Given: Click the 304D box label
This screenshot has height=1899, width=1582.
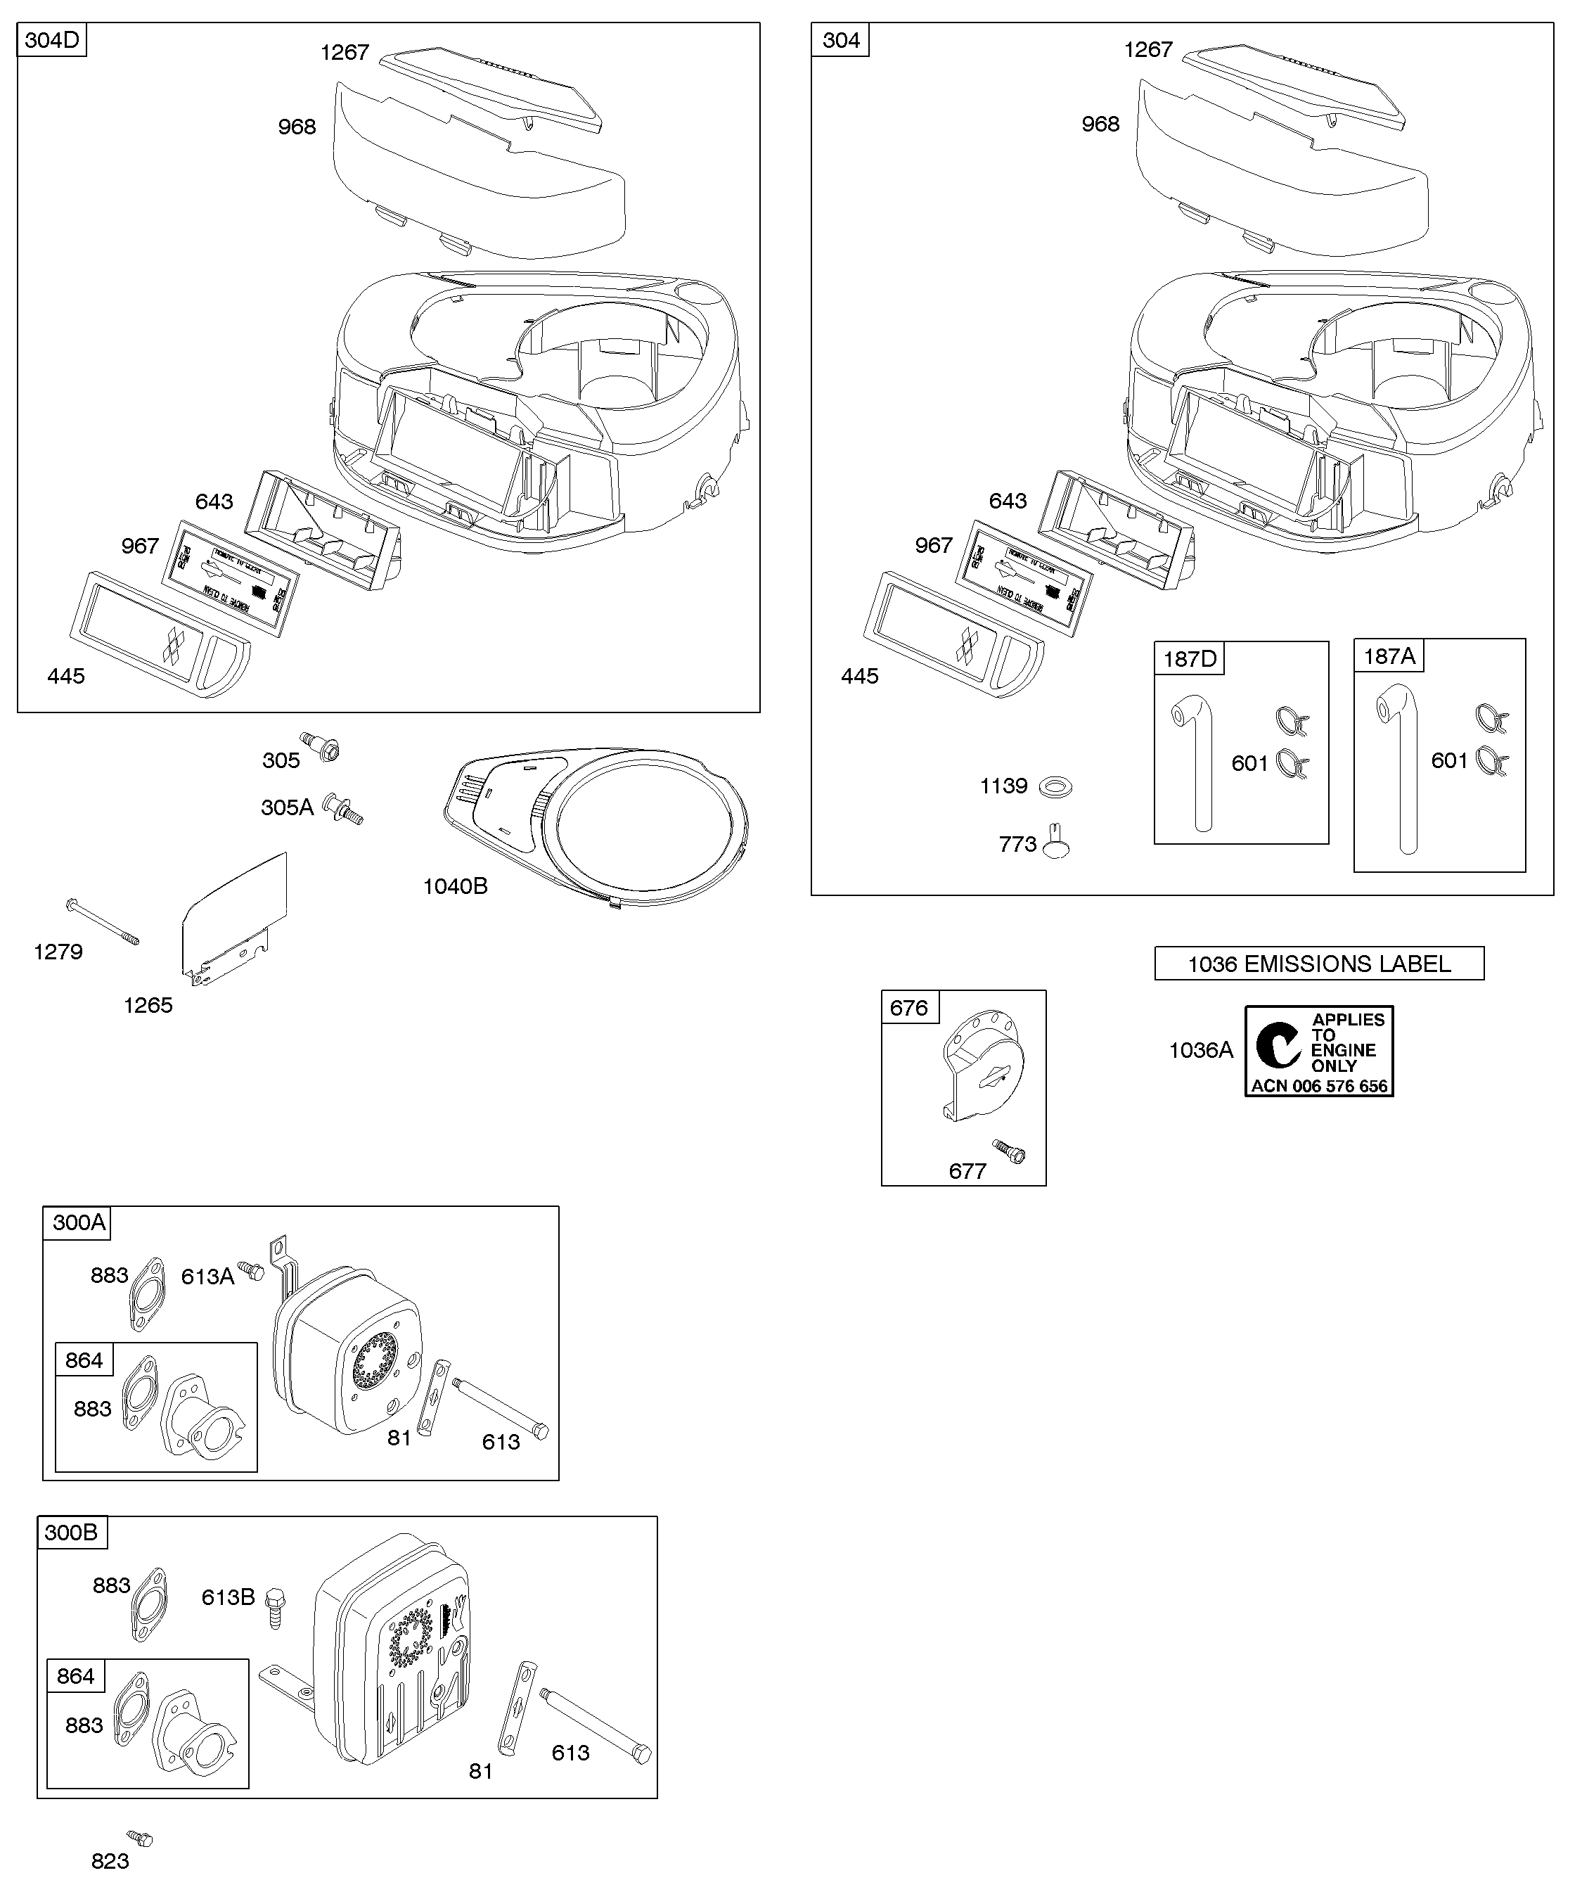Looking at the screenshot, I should pos(51,41).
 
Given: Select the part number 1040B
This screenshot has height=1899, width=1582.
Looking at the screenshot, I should pos(455,886).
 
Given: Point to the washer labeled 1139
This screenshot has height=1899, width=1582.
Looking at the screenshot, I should pos(1055,787).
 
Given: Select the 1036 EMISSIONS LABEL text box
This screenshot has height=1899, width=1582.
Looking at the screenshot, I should pos(1319,964).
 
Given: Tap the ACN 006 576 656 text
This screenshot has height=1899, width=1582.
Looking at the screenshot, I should pos(1319,1086).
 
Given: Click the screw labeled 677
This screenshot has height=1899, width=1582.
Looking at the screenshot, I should pos(1010,1151).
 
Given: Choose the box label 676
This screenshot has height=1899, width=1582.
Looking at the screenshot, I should pos(909,1007).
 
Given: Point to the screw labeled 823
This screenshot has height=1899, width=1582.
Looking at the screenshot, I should pos(140,1839).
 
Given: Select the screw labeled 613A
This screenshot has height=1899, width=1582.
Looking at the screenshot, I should pos(250,1270).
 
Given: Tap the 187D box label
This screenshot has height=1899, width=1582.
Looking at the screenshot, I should pos(1189,659).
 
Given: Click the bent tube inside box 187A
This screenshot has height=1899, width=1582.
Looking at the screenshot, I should pos(1402,769).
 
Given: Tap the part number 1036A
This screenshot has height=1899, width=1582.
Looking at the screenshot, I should pos(1200,1050).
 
